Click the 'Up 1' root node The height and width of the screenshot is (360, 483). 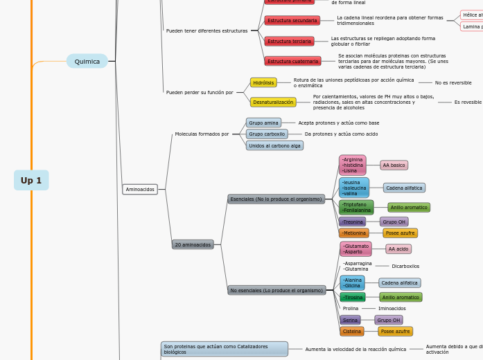coord(31,180)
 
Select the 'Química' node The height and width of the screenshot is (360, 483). coord(87,61)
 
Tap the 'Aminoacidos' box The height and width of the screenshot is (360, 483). coord(140,189)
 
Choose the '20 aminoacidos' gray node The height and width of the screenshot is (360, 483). coord(193,244)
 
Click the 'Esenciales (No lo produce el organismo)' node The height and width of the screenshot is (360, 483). coord(276,199)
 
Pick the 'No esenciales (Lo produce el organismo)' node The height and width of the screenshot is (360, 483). coord(276,290)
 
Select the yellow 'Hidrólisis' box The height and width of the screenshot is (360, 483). coord(263,82)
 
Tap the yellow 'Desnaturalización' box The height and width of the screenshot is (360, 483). coord(273,102)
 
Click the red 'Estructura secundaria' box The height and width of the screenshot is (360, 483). coord(292,20)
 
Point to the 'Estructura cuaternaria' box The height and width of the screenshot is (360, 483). coord(293,61)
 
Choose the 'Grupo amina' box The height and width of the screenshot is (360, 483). coord(263,123)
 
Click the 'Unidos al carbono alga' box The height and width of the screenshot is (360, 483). coord(274,145)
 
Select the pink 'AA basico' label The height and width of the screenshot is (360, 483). coord(394,165)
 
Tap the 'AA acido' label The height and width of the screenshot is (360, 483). coord(398,249)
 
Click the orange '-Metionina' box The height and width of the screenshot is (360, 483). coord(353,233)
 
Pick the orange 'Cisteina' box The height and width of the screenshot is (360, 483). coord(352,331)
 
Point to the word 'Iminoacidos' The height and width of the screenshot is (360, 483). coord(392,308)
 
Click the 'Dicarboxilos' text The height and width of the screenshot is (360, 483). coord(405,266)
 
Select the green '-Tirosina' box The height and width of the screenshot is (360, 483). coord(353,297)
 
